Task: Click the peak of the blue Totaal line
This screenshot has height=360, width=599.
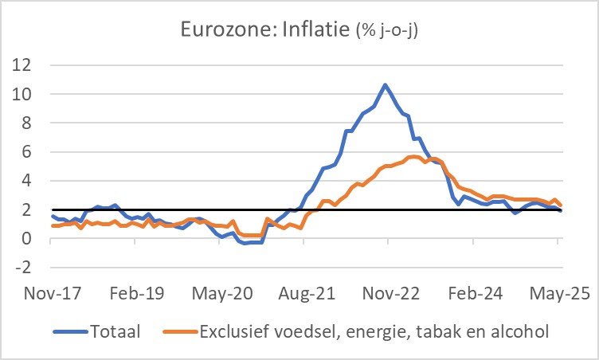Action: point(386,84)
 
